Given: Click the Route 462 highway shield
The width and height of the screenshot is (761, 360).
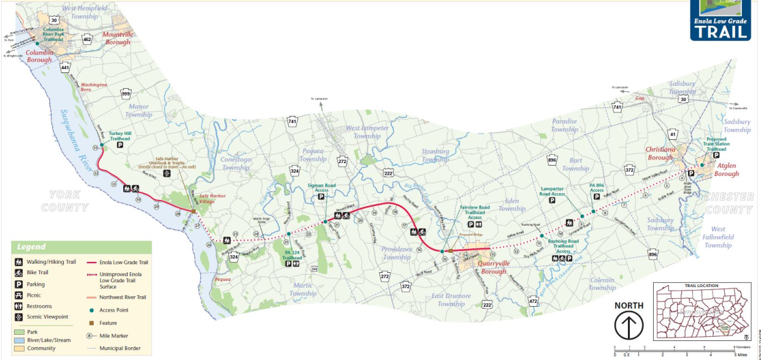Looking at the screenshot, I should click(x=87, y=40).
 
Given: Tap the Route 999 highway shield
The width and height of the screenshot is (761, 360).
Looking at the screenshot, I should click(x=126, y=94).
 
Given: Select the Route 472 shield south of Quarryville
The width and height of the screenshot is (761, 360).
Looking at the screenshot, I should click(x=533, y=301).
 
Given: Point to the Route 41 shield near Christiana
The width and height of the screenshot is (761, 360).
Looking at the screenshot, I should click(x=673, y=134).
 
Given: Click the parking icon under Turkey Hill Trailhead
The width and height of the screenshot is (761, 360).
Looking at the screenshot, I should click(x=120, y=145).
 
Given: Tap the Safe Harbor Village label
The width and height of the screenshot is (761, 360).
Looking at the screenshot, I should click(x=212, y=199).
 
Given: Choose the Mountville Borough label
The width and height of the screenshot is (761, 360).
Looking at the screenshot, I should click(x=117, y=39).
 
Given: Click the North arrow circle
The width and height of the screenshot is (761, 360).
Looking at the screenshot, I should click(x=629, y=325).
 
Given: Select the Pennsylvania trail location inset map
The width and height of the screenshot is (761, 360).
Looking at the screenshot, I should click(x=702, y=312).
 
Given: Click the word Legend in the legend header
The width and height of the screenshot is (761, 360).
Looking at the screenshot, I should click(x=31, y=247).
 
